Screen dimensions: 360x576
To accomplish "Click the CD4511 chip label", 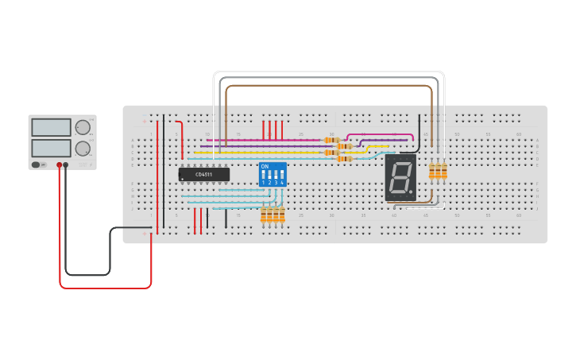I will click(204, 174).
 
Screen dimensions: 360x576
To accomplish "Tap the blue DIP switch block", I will click(273, 174).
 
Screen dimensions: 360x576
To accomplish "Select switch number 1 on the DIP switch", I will click(263, 175).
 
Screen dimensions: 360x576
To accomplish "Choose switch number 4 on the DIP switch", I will click(282, 175).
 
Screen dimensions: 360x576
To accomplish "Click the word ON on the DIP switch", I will click(265, 166).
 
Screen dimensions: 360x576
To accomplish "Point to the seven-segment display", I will click(400, 176).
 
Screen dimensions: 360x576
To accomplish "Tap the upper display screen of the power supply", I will click(52, 127).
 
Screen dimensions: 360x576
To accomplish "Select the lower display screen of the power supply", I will click(52, 148).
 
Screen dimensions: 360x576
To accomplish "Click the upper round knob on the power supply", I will click(83, 127).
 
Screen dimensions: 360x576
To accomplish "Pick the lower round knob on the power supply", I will click(83, 148).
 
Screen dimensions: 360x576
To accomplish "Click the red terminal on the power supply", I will click(59, 165).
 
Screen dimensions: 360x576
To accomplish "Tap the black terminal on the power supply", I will click(66, 165).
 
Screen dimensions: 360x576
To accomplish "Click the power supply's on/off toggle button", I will click(36, 165).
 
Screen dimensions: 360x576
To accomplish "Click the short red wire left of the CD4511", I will click(182, 139).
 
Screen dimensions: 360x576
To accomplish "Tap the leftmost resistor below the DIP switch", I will click(264, 215).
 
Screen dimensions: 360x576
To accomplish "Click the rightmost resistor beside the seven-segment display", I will click(444, 171).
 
